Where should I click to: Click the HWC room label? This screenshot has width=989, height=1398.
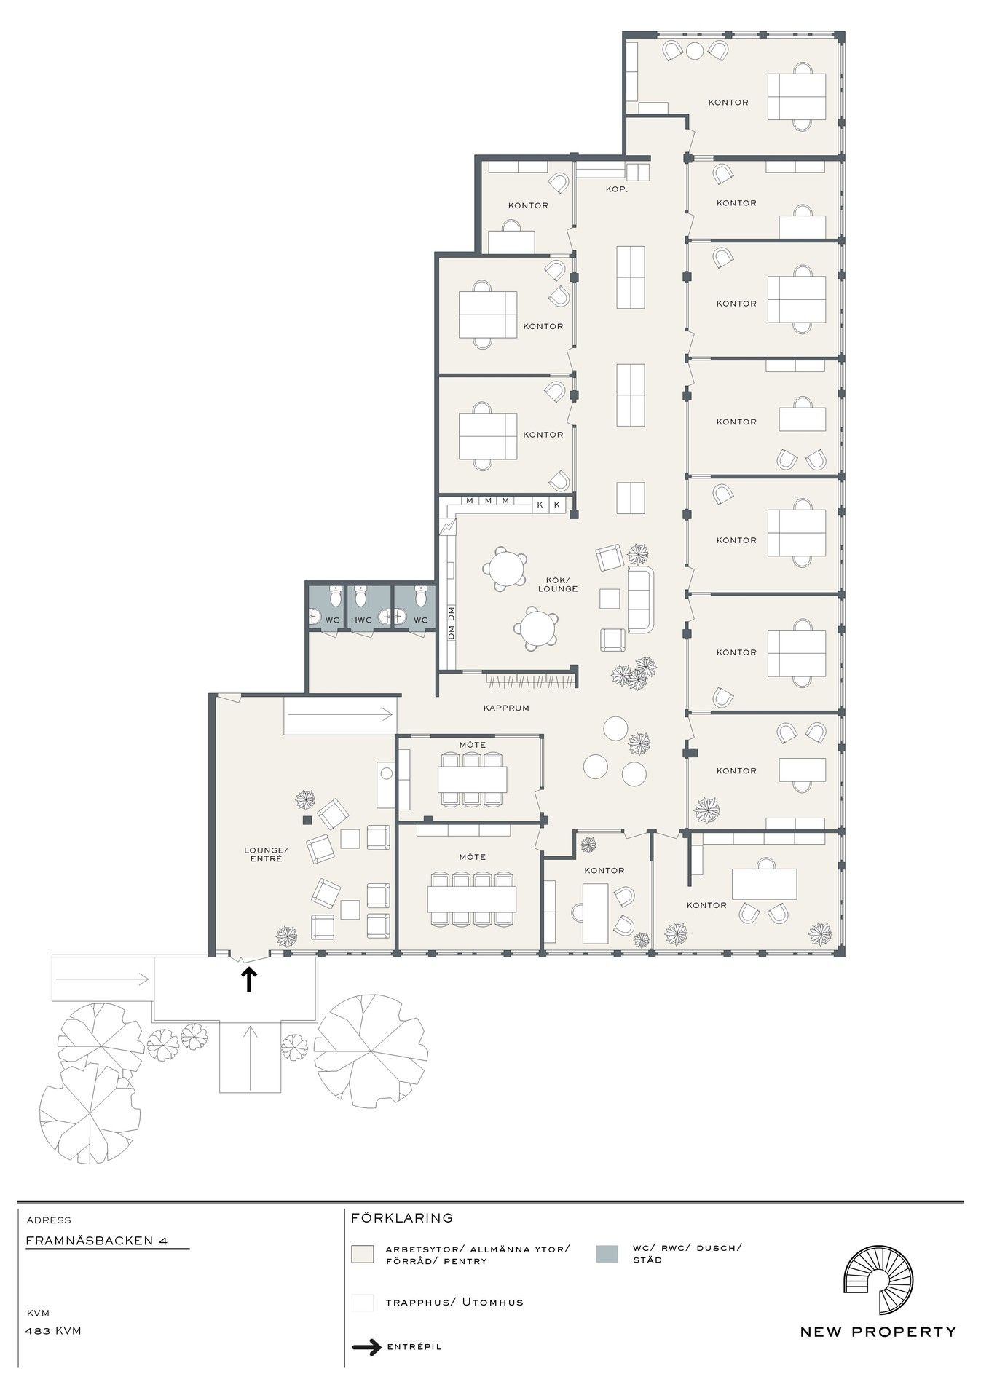coord(361,620)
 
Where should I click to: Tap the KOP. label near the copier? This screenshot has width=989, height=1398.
coord(617,189)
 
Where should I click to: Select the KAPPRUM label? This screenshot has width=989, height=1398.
coord(506,707)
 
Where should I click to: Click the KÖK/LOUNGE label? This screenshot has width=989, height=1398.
coord(557,584)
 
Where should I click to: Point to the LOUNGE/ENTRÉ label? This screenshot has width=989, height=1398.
coord(266,854)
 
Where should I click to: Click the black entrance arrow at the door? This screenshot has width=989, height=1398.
coord(248,979)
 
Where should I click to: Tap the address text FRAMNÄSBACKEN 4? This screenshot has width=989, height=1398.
coord(97,1241)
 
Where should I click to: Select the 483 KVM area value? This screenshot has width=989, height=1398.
coord(53,1330)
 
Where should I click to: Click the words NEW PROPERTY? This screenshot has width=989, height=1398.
coord(878,1332)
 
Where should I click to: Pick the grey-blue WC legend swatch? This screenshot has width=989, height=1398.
coord(607,1253)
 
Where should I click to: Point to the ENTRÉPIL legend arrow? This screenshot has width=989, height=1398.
coord(366,1347)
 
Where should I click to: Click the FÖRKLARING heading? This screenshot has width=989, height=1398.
coord(402,1217)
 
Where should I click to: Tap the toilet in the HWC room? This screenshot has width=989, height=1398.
coord(361,596)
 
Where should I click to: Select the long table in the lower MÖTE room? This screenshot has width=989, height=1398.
coord(473,899)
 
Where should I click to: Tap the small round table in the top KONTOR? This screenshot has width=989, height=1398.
coord(696,50)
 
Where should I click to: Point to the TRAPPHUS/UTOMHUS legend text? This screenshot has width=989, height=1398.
coord(454,1302)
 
